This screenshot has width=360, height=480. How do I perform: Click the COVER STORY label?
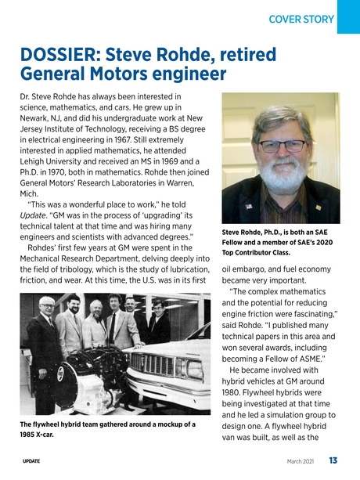coord(301,18)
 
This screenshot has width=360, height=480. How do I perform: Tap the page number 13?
coord(333,460)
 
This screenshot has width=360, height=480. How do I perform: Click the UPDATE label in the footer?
coord(31,461)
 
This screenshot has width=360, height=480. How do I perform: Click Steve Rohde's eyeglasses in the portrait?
coord(282,146)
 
